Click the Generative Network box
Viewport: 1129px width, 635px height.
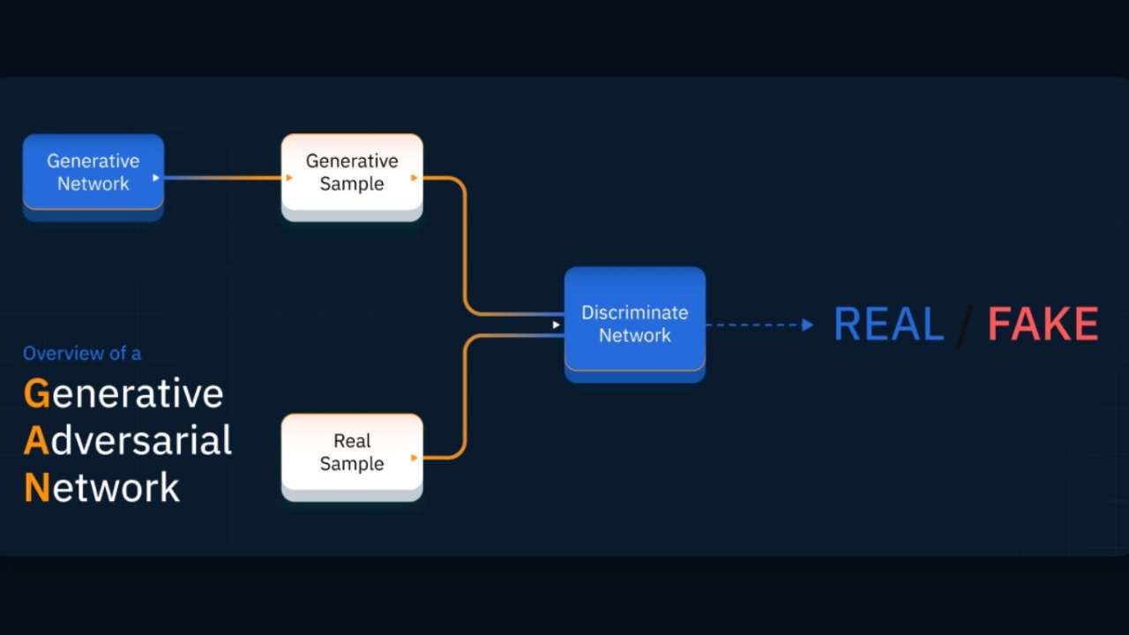93,172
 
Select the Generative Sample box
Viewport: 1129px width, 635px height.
352,172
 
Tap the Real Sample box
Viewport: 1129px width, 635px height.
352,452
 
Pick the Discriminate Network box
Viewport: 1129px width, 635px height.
634,324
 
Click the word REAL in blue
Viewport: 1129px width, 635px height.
888,325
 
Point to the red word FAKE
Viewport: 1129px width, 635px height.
1043,325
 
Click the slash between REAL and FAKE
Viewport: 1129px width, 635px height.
965,325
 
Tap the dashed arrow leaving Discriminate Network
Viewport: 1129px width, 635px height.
754,325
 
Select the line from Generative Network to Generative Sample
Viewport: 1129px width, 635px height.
225,178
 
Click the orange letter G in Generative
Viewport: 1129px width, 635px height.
37,393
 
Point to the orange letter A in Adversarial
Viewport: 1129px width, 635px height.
36,440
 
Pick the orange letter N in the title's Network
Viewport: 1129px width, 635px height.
37,487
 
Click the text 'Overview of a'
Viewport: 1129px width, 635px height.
82,354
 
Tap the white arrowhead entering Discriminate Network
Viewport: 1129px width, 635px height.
556,325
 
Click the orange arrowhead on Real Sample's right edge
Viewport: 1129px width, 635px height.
414,458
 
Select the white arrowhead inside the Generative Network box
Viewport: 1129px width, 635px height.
156,178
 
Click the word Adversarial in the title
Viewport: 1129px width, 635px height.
141,440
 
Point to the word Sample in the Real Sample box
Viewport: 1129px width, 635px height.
352,464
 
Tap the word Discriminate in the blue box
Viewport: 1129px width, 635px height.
634,312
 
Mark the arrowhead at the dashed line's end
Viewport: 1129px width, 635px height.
807,325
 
